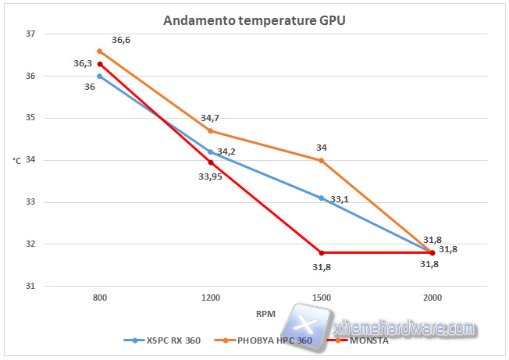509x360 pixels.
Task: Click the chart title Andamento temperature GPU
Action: click(254, 20)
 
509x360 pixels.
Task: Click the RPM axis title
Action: click(266, 315)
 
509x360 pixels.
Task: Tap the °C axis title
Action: click(16, 161)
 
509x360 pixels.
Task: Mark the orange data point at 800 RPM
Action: click(100, 51)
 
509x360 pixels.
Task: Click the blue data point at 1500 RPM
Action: click(321, 198)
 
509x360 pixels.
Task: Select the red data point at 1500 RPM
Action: click(321, 252)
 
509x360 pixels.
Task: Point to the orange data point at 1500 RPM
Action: click(321, 160)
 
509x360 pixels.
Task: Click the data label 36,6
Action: click(121, 40)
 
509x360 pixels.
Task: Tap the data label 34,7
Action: click(210, 118)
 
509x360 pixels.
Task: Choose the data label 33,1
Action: click(340, 200)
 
